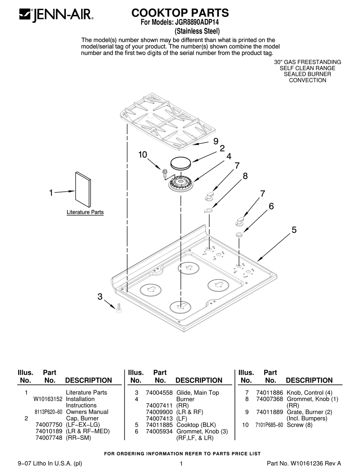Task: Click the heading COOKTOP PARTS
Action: click(x=180, y=13)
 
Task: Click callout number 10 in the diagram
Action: click(x=142, y=155)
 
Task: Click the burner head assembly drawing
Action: click(x=181, y=186)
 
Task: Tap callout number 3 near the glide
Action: click(x=100, y=297)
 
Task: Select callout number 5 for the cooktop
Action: click(x=294, y=230)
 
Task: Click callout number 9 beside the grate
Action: click(x=215, y=141)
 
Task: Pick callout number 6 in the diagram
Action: click(x=271, y=206)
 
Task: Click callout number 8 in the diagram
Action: click(x=245, y=176)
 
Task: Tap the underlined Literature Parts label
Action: click(x=85, y=212)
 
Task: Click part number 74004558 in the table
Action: click(x=159, y=393)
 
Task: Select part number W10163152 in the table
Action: click(x=48, y=399)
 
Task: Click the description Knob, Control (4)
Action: click(x=309, y=393)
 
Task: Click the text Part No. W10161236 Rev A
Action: click(x=304, y=463)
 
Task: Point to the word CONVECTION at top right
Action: click(x=307, y=80)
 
